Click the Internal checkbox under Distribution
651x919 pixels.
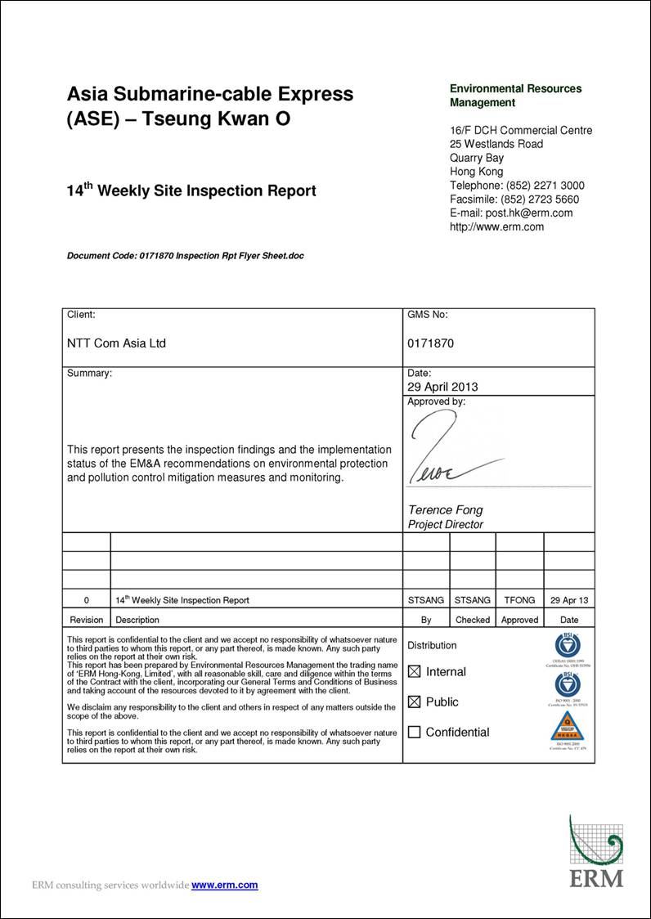tap(414, 672)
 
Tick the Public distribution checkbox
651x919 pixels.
tap(414, 702)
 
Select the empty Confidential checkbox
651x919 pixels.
tap(414, 733)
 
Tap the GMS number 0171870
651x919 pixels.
tap(430, 343)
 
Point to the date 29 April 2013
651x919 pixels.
tap(442, 387)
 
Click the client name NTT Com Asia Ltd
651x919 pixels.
tap(116, 343)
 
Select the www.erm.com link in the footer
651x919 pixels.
tap(224, 885)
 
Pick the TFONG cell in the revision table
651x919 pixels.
tap(519, 600)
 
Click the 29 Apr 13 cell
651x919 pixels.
tap(569, 600)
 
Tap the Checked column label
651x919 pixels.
tap(473, 620)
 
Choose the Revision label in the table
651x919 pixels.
tap(87, 620)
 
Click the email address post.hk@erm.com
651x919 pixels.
tap(529, 213)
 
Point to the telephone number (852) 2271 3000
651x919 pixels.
tap(545, 185)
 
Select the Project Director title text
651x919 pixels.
tap(446, 525)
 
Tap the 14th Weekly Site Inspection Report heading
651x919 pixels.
tap(191, 191)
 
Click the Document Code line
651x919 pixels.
tap(185, 256)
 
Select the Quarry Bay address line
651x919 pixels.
tap(477, 158)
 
